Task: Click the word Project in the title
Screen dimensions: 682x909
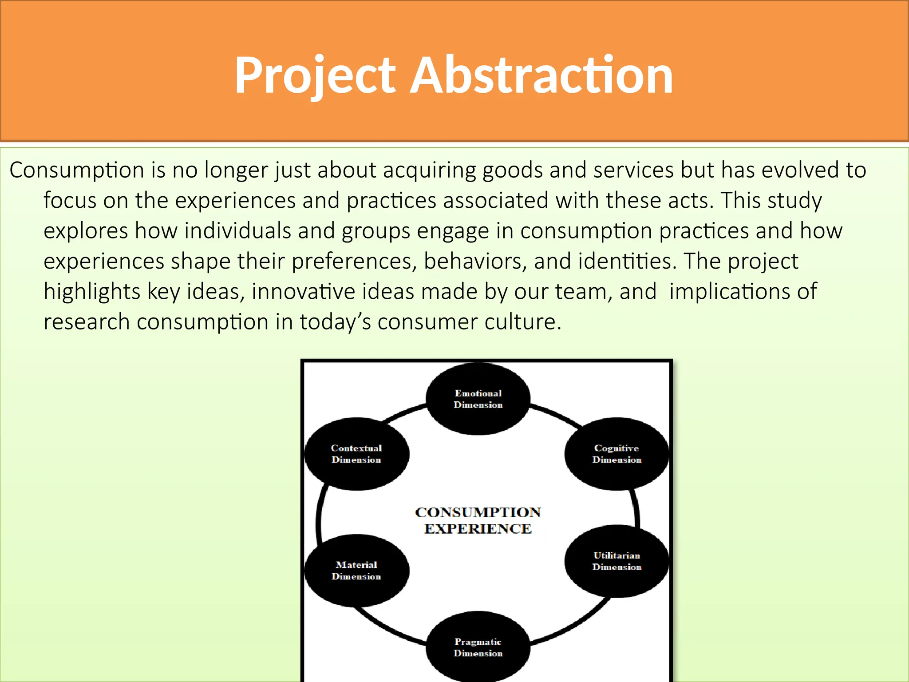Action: click(315, 75)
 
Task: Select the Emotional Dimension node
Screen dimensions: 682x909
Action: click(478, 399)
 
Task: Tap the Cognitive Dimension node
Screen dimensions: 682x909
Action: click(617, 454)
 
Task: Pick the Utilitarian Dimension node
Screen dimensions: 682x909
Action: click(617, 561)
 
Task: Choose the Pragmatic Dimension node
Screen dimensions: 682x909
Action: click(478, 647)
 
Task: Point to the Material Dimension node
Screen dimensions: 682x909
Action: click(356, 571)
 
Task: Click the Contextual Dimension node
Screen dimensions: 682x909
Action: click(356, 454)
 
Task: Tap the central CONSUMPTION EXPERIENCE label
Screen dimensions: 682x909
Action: click(478, 520)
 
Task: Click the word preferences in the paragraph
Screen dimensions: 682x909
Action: click(354, 262)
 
